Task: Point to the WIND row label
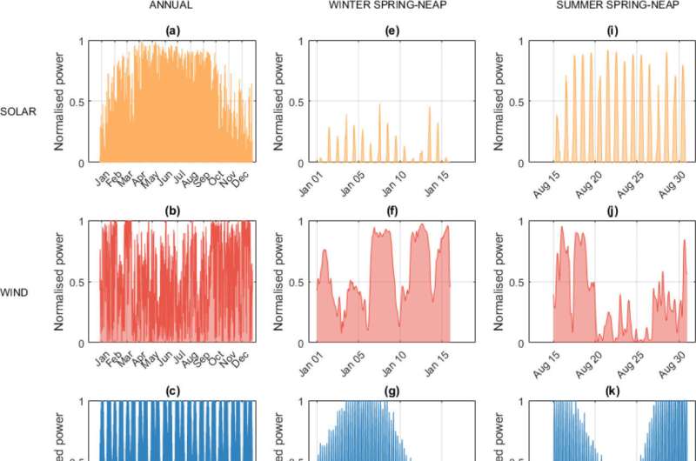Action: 14,292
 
